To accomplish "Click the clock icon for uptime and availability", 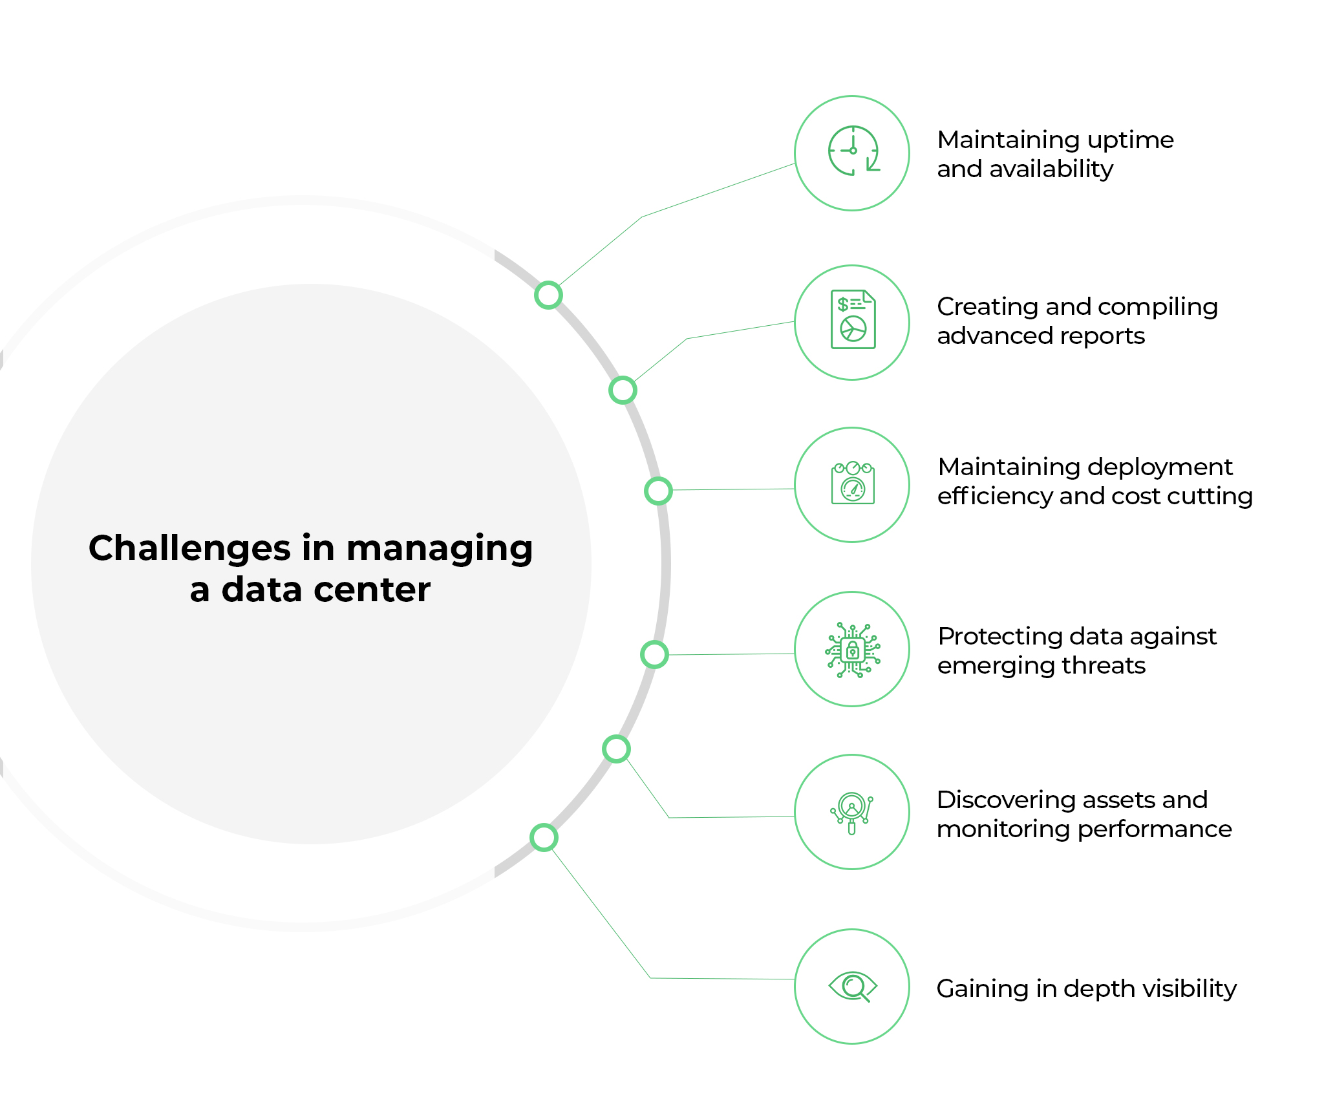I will click(853, 151).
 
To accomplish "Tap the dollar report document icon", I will click(853, 320).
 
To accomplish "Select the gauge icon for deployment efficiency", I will click(853, 484).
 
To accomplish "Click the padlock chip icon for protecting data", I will click(853, 650).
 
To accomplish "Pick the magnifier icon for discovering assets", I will click(852, 812).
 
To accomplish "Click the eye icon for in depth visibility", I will click(853, 987).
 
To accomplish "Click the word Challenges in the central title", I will click(189, 548).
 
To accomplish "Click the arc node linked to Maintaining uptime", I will click(548, 295).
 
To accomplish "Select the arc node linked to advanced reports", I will click(623, 390).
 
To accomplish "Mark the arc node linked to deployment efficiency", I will click(658, 491).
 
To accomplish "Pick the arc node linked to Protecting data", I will click(654, 655).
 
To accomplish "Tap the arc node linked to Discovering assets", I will click(616, 749).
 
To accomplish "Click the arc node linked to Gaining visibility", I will click(544, 838).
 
